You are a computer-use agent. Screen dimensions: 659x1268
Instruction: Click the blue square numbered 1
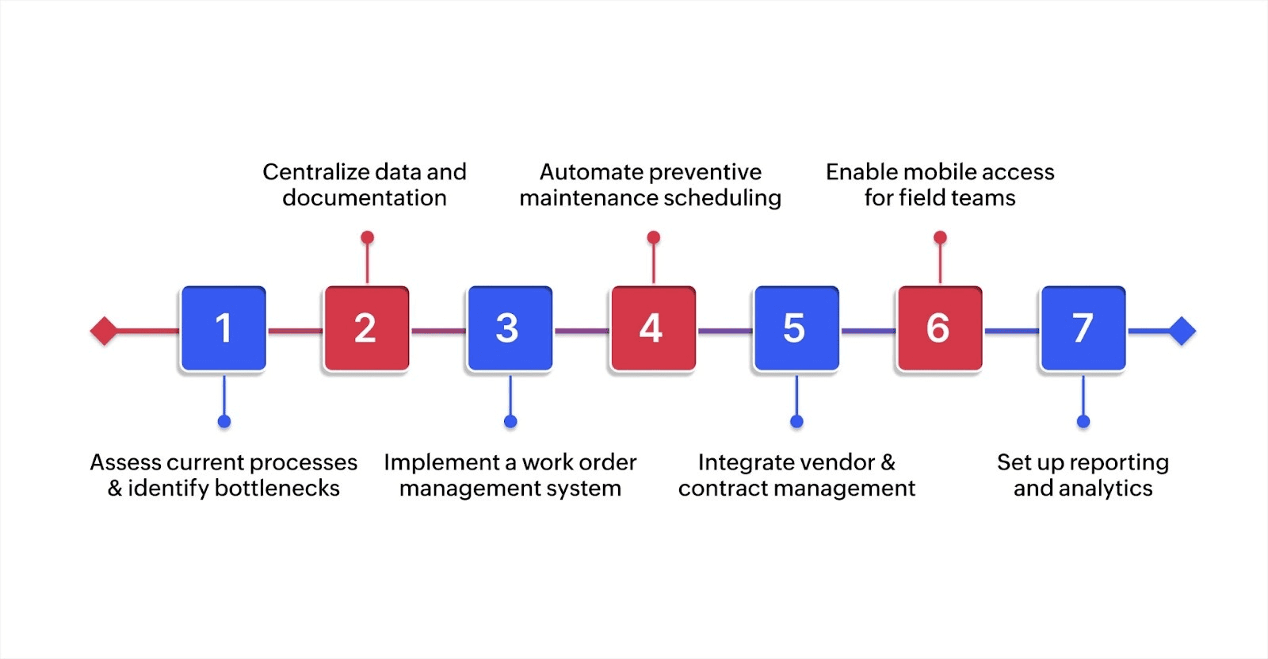tap(223, 328)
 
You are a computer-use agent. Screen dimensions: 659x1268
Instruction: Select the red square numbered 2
tap(366, 328)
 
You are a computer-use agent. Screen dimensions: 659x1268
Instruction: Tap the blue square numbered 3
tap(510, 328)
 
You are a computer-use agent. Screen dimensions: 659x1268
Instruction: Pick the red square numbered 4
tap(653, 328)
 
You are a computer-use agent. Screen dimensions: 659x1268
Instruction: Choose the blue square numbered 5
tap(796, 328)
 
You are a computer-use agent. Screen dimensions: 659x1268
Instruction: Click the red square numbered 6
tap(940, 328)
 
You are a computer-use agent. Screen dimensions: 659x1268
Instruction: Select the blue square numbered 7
tap(1083, 328)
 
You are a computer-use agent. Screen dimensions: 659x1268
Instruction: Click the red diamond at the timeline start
tap(104, 331)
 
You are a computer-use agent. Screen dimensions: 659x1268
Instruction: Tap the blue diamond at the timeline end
tap(1182, 331)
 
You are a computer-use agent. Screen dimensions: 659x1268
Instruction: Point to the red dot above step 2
tap(367, 237)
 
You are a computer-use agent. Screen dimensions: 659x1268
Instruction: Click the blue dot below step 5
tap(796, 421)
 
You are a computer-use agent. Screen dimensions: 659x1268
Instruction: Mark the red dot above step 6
tap(940, 237)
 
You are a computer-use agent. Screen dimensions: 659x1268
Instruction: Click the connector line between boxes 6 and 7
tap(1011, 331)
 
